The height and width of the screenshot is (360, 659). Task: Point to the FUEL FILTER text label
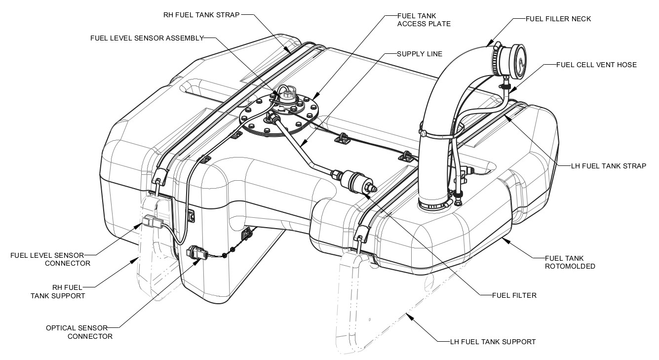pos(514,296)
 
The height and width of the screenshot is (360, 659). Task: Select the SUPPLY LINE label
pos(420,53)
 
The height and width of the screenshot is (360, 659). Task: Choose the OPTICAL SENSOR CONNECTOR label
pos(79,332)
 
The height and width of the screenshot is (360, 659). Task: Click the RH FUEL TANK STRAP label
pos(201,15)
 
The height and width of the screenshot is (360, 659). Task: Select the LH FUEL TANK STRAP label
pos(608,166)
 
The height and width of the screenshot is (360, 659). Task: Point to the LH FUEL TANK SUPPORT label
pos(493,342)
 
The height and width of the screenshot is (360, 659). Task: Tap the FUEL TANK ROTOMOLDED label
pos(570,262)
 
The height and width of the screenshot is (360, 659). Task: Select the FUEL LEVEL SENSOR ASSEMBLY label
pos(147,38)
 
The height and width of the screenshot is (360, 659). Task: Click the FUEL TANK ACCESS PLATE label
pos(424,19)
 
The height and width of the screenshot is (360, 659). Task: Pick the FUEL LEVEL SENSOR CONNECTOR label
pos(50,259)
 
